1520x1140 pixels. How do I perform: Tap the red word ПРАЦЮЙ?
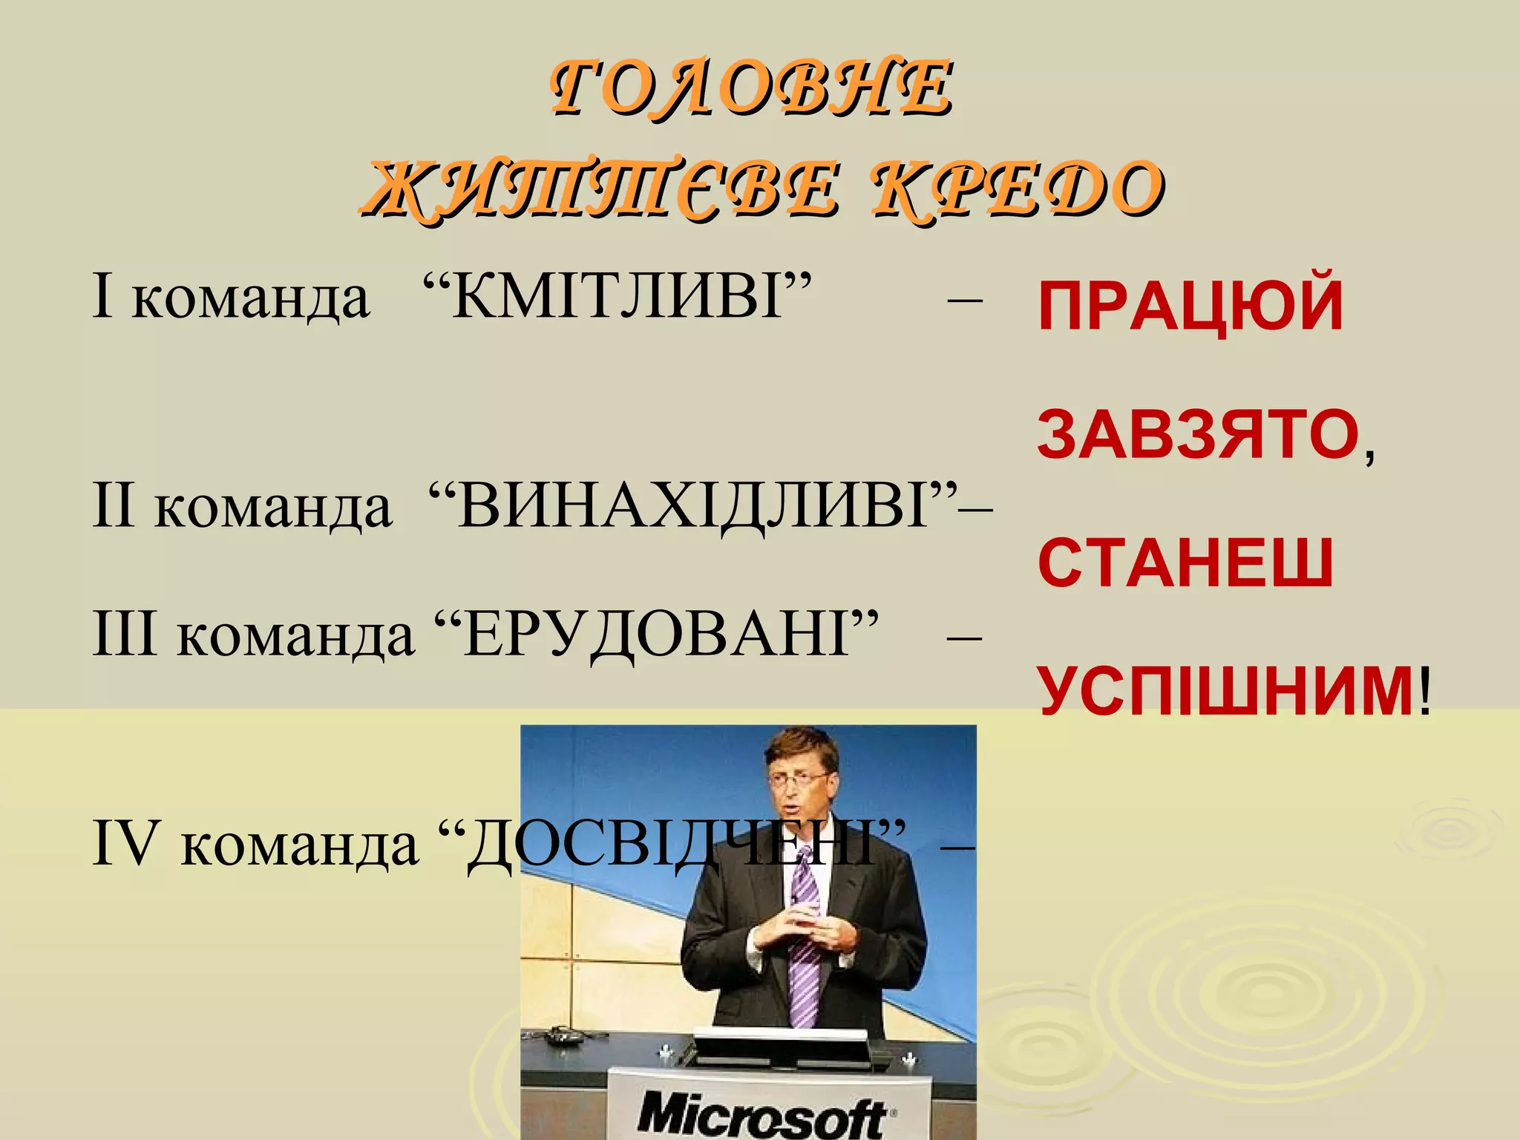1190,306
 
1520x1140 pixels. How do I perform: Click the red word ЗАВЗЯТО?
1198,435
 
